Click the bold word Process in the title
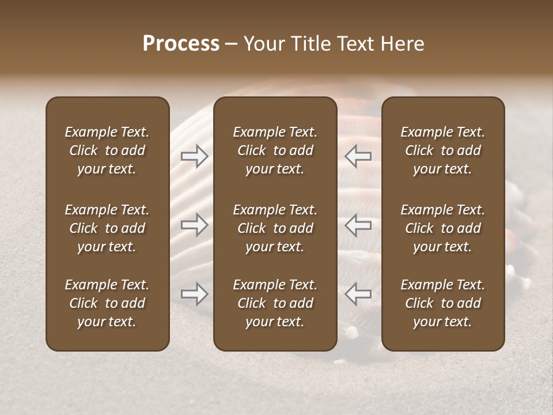(181, 44)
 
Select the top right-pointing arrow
(194, 156)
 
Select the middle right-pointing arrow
(194, 225)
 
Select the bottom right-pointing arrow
(194, 294)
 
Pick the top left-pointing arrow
(358, 156)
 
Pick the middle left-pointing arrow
(358, 225)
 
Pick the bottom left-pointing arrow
(358, 294)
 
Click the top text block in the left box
(107, 150)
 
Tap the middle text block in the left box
(107, 228)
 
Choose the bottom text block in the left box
(107, 303)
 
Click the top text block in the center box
(275, 150)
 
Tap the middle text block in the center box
(275, 228)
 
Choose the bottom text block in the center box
(275, 303)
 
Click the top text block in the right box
(442, 150)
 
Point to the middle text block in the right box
(442, 228)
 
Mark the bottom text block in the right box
(442, 303)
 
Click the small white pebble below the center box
(351, 332)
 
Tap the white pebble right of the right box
(525, 282)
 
